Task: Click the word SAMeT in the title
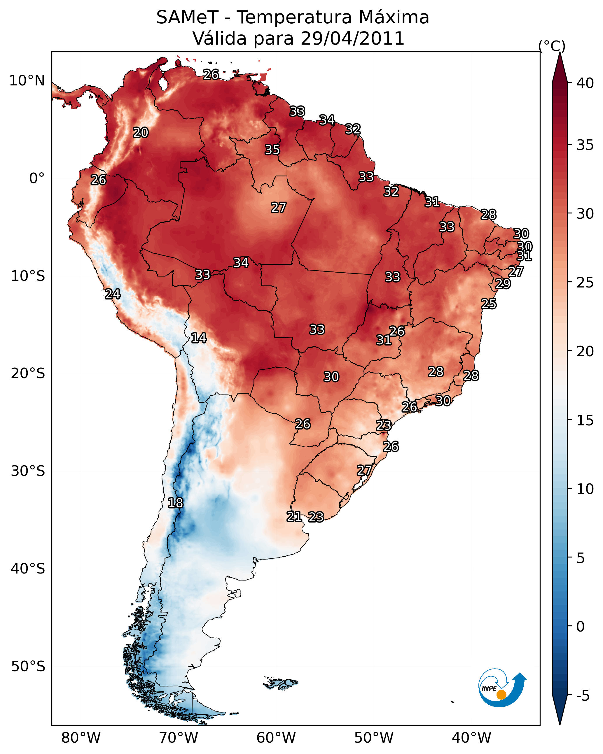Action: (x=187, y=17)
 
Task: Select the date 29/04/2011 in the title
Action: (x=352, y=38)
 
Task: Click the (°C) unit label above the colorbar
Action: (x=552, y=46)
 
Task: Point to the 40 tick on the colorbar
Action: (x=585, y=83)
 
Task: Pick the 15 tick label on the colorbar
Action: (x=585, y=420)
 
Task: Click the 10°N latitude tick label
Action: (x=27, y=81)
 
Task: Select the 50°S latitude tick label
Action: (x=28, y=666)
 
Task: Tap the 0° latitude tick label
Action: (x=37, y=178)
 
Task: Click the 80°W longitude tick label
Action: (x=81, y=738)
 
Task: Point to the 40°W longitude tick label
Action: (x=471, y=738)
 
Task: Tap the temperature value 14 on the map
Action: (x=199, y=338)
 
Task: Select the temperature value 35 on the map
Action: (x=272, y=150)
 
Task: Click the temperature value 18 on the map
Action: (x=175, y=503)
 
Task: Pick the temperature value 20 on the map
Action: (x=141, y=133)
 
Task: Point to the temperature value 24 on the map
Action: (x=113, y=294)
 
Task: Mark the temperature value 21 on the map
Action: (x=294, y=517)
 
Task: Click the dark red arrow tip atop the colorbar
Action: (x=560, y=66)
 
